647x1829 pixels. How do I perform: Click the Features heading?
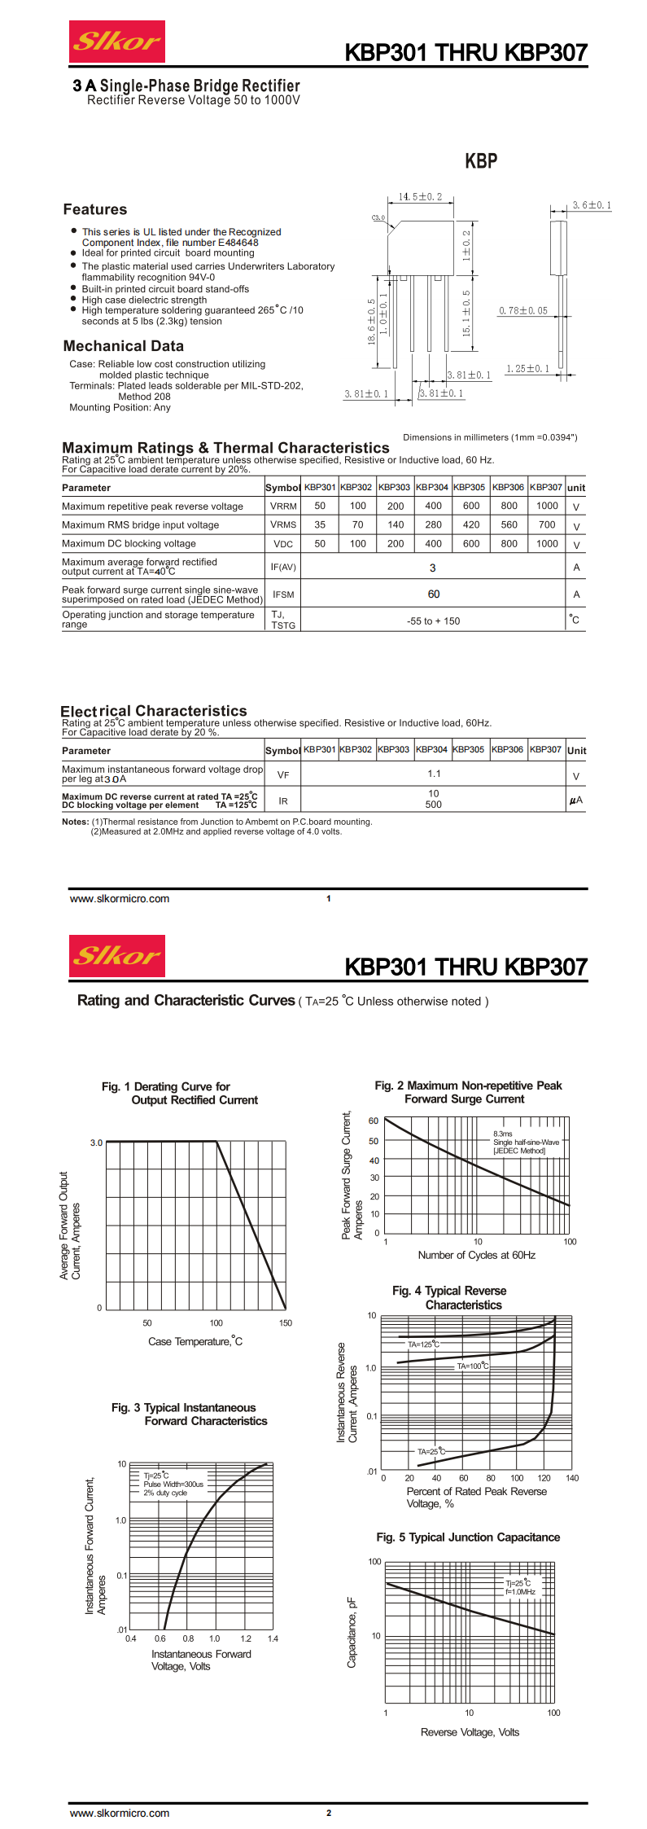(95, 209)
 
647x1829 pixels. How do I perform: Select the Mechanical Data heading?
(123, 346)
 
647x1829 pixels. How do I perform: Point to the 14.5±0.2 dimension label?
(420, 197)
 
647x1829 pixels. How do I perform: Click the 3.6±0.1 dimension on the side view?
(592, 205)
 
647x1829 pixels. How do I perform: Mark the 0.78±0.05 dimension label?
(522, 311)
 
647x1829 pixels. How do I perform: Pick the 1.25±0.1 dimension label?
(527, 369)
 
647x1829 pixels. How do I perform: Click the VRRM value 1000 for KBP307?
(547, 506)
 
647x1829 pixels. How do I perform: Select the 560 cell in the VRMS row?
(509, 524)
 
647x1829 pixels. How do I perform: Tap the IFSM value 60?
(433, 594)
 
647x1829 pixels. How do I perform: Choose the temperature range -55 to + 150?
(433, 621)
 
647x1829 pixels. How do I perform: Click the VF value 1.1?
(434, 774)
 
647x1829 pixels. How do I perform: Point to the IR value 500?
(433, 805)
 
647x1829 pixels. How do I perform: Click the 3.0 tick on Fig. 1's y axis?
(96, 1143)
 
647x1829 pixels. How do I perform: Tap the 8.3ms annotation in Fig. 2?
(502, 1134)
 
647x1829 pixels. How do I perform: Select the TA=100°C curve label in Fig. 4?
(473, 1366)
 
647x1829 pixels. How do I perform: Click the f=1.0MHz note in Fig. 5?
(520, 1591)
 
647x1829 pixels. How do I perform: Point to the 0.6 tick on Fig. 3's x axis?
(160, 1638)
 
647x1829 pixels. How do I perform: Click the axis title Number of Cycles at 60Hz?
(476, 1255)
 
